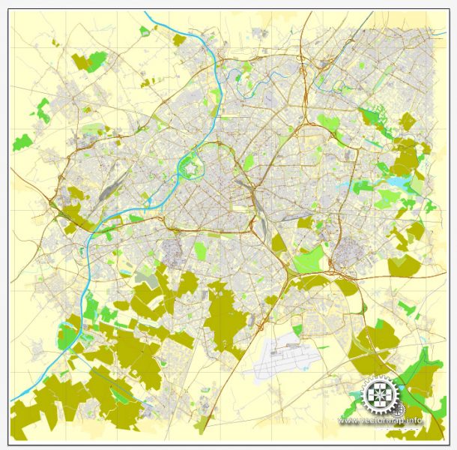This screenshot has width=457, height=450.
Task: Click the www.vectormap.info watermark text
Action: pyautogui.click(x=380, y=421)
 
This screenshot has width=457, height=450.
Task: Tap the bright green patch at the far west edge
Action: pyautogui.click(x=22, y=141)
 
